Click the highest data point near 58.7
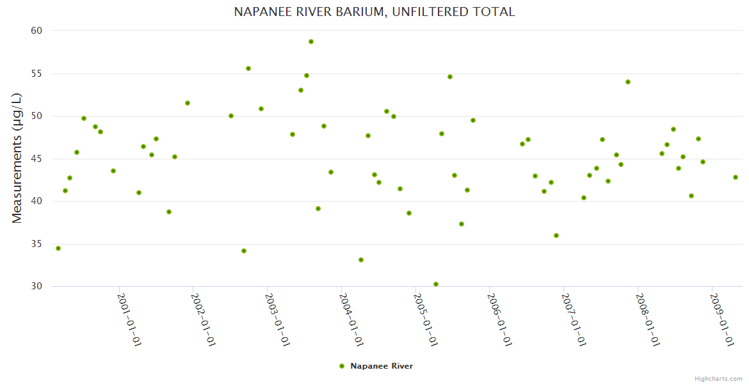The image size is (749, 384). [311, 42]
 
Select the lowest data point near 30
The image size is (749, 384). [436, 284]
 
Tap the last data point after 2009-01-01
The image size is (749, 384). [736, 177]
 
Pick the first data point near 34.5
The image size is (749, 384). [58, 248]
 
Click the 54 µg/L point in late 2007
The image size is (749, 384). [628, 82]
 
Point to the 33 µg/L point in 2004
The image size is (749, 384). [361, 260]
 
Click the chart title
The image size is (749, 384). [374, 12]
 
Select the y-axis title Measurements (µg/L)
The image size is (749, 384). [17, 158]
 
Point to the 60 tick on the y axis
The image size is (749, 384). [36, 31]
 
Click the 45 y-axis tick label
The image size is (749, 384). [36, 159]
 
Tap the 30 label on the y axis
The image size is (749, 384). [36, 286]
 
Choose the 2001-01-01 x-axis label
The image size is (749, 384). [129, 319]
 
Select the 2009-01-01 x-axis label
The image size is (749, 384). [722, 319]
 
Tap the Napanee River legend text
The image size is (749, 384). [382, 366]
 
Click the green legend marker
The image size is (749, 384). [342, 366]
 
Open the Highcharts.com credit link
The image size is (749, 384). [718, 378]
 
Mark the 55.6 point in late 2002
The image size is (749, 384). [248, 68]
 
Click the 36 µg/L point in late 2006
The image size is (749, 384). [556, 236]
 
